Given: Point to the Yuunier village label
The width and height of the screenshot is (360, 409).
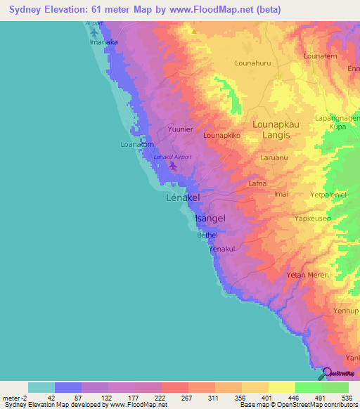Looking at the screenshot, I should click(x=180, y=129).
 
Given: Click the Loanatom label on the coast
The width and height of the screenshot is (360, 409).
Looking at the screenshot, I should click(x=137, y=145).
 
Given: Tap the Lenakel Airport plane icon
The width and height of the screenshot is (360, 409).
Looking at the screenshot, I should click(x=174, y=167).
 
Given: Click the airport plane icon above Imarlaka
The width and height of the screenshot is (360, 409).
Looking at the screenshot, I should click(x=95, y=32).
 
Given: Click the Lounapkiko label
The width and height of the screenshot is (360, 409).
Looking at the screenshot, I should click(x=221, y=134).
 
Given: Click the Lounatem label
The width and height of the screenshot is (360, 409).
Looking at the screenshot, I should click(x=320, y=56).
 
